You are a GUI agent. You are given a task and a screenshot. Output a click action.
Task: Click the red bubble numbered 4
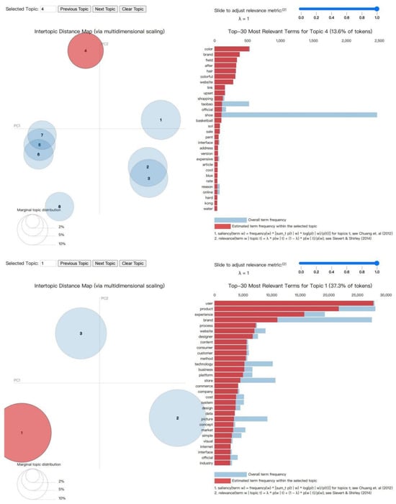(x=85, y=51)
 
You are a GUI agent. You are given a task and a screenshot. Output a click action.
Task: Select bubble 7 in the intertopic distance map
(x=42, y=135)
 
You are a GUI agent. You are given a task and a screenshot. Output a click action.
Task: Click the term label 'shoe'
(x=207, y=114)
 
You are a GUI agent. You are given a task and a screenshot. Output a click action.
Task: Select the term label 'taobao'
(x=204, y=103)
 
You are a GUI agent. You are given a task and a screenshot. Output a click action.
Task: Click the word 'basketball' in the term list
(x=202, y=120)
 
